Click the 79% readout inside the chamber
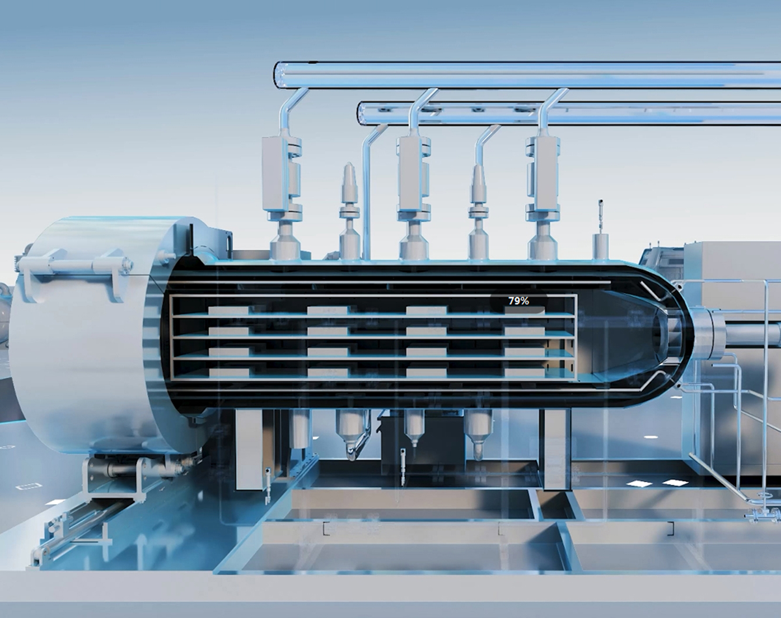click(x=519, y=301)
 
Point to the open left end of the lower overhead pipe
click(x=361, y=113)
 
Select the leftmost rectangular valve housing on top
click(x=275, y=173)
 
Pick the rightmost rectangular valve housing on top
click(x=539, y=173)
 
